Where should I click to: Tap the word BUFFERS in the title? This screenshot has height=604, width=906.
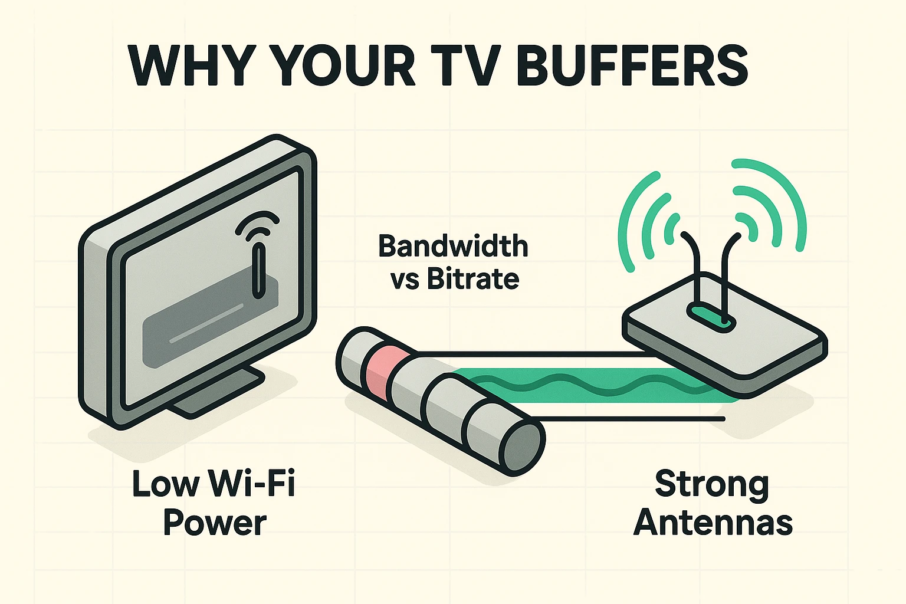click(632, 65)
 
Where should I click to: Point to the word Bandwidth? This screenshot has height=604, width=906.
click(453, 246)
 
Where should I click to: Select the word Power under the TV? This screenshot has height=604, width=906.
click(215, 523)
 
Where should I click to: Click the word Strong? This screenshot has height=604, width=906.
click(712, 485)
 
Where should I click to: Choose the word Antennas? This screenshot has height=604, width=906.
click(713, 523)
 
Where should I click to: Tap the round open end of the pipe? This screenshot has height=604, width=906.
click(521, 448)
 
